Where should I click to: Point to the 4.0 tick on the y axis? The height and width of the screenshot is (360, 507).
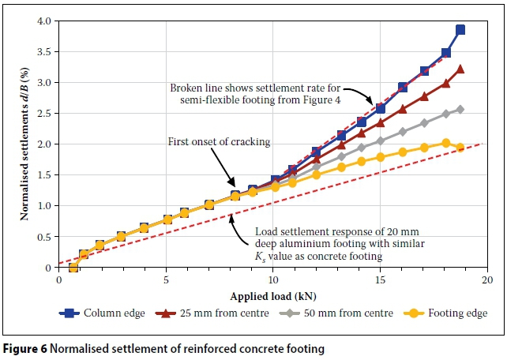click(x=44, y=21)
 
